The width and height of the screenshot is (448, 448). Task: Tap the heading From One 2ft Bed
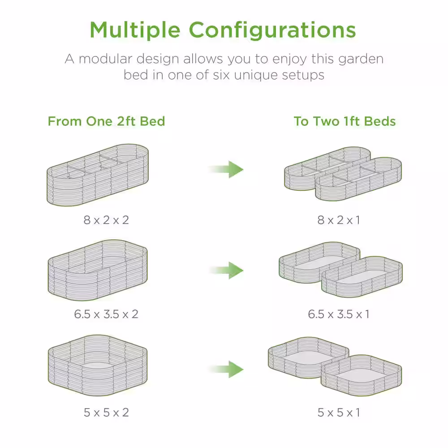106,121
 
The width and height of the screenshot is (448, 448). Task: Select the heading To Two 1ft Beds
345,121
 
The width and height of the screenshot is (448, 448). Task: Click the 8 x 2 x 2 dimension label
106,220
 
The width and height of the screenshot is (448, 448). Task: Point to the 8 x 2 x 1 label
339,220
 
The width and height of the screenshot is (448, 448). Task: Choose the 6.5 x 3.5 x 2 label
106,314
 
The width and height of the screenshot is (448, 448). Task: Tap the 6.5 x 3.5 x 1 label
339,314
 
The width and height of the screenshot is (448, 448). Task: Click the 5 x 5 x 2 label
106,413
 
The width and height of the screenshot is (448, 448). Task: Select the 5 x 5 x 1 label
339,413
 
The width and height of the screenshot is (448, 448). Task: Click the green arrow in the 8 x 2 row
226,169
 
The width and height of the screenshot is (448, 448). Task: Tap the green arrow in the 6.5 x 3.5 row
226,270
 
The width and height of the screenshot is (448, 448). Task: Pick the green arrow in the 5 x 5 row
226,370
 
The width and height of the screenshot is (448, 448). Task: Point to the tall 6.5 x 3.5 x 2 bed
97,270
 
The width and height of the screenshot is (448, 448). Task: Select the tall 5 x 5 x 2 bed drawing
97,366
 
